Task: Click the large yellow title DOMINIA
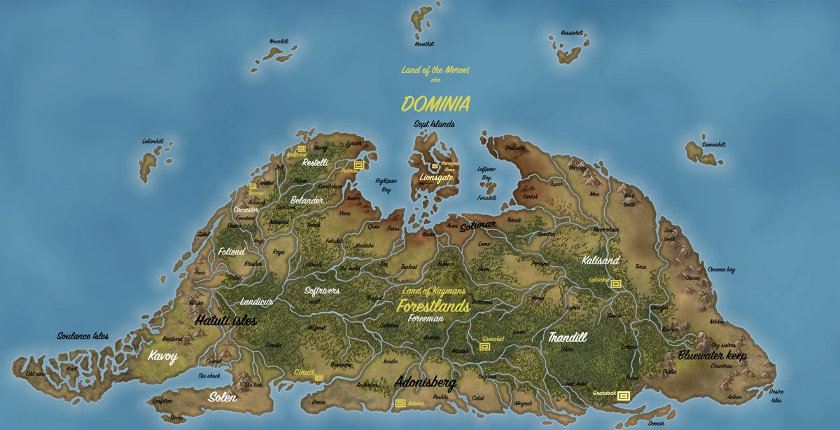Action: pyautogui.click(x=435, y=104)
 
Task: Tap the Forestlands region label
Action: pyautogui.click(x=433, y=306)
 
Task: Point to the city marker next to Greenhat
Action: pyautogui.click(x=486, y=347)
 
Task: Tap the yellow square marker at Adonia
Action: pyautogui.click(x=400, y=403)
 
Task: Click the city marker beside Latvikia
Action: pyautogui.click(x=615, y=284)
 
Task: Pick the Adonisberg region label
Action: pyautogui.click(x=426, y=383)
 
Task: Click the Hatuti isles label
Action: pyautogui.click(x=226, y=321)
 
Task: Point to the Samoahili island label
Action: pyautogui.click(x=714, y=144)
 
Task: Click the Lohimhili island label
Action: pyautogui.click(x=153, y=141)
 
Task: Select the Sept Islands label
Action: pyautogui.click(x=434, y=125)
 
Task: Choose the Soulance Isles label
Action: pyautogui.click(x=83, y=336)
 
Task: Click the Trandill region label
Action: pyautogui.click(x=568, y=337)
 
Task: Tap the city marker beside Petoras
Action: pyautogui.click(x=359, y=165)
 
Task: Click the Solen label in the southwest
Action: pyautogui.click(x=223, y=397)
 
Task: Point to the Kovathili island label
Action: pyautogui.click(x=424, y=43)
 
